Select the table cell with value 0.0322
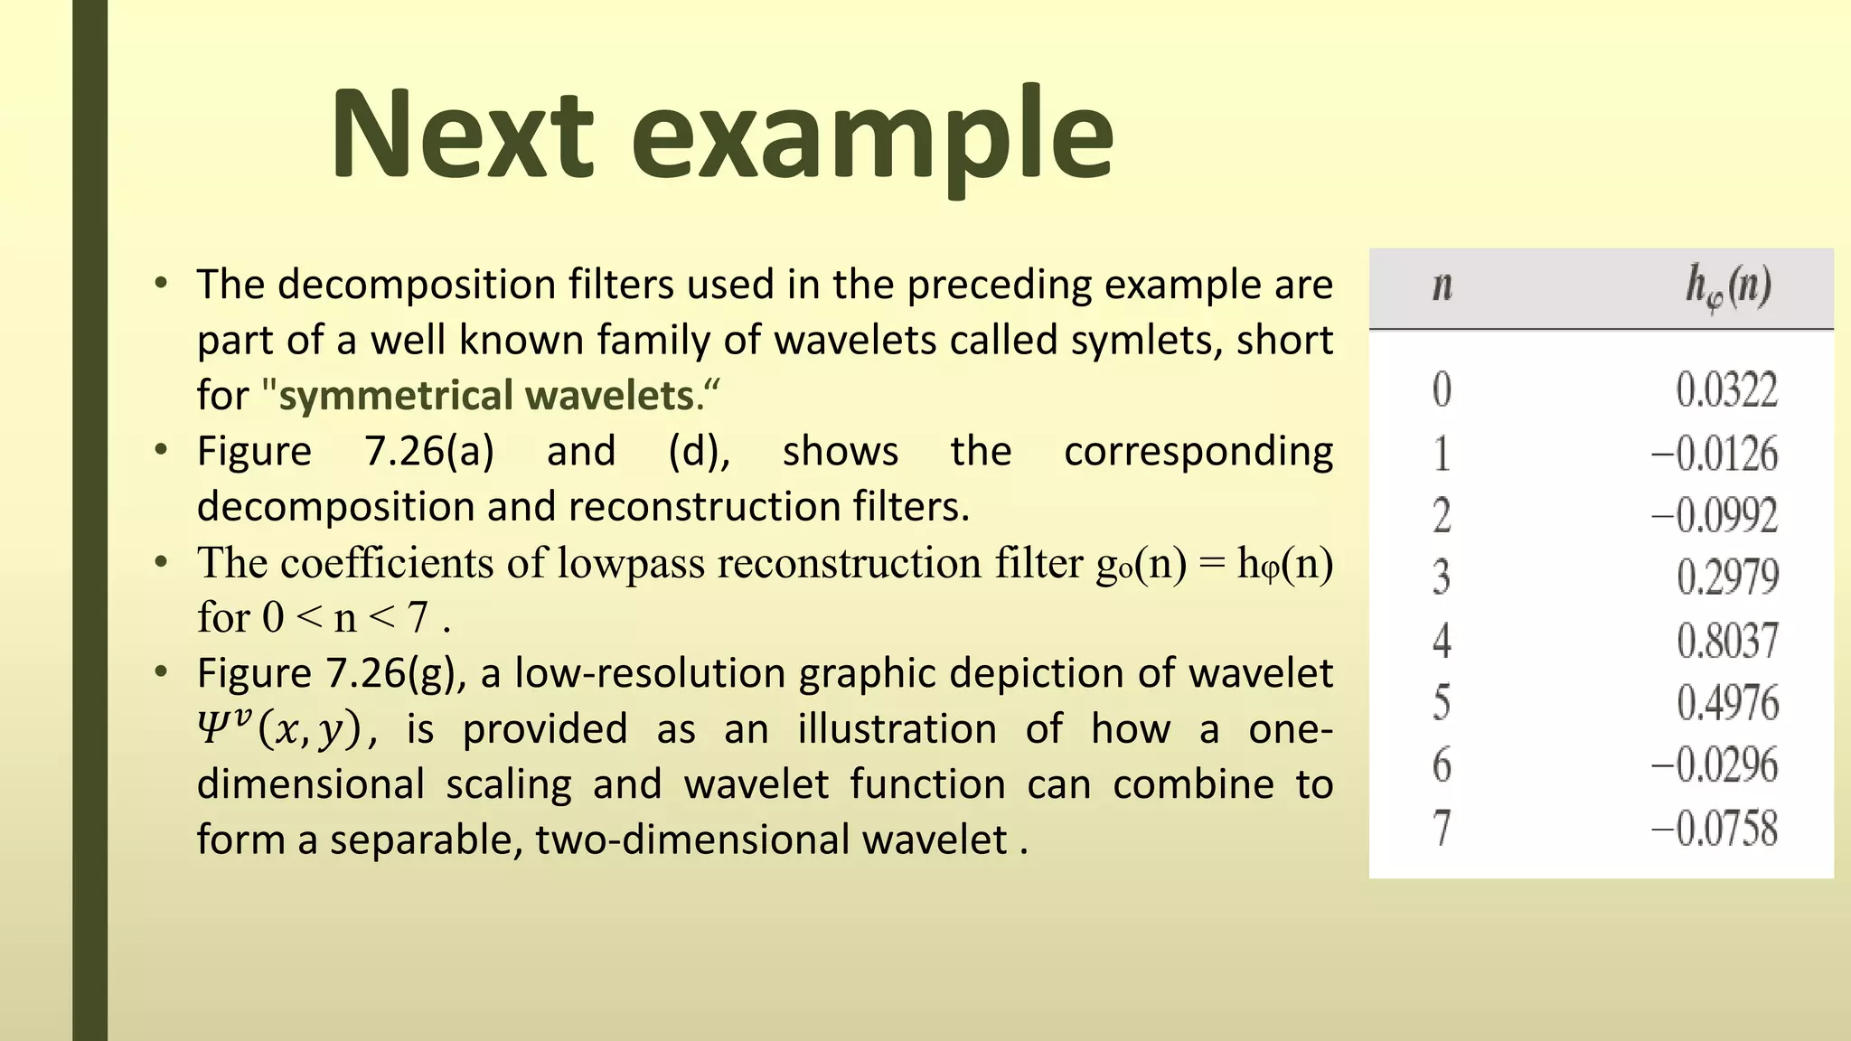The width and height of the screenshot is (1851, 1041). pos(1726,390)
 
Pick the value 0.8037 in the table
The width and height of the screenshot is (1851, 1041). pos(1726,641)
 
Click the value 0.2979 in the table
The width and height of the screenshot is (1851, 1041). pos(1726,577)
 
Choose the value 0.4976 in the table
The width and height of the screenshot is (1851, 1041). pos(1726,703)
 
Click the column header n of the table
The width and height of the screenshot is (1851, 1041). pos(1442,286)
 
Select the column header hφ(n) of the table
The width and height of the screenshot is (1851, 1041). pos(1727,286)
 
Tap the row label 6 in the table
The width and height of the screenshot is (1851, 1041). pos(1442,765)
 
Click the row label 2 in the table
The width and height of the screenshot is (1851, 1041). pos(1442,516)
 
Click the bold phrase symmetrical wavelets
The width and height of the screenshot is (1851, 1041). pos(486,396)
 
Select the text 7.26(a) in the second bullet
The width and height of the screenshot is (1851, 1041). pos(429,451)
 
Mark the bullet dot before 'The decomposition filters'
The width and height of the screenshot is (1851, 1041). pos(161,284)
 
